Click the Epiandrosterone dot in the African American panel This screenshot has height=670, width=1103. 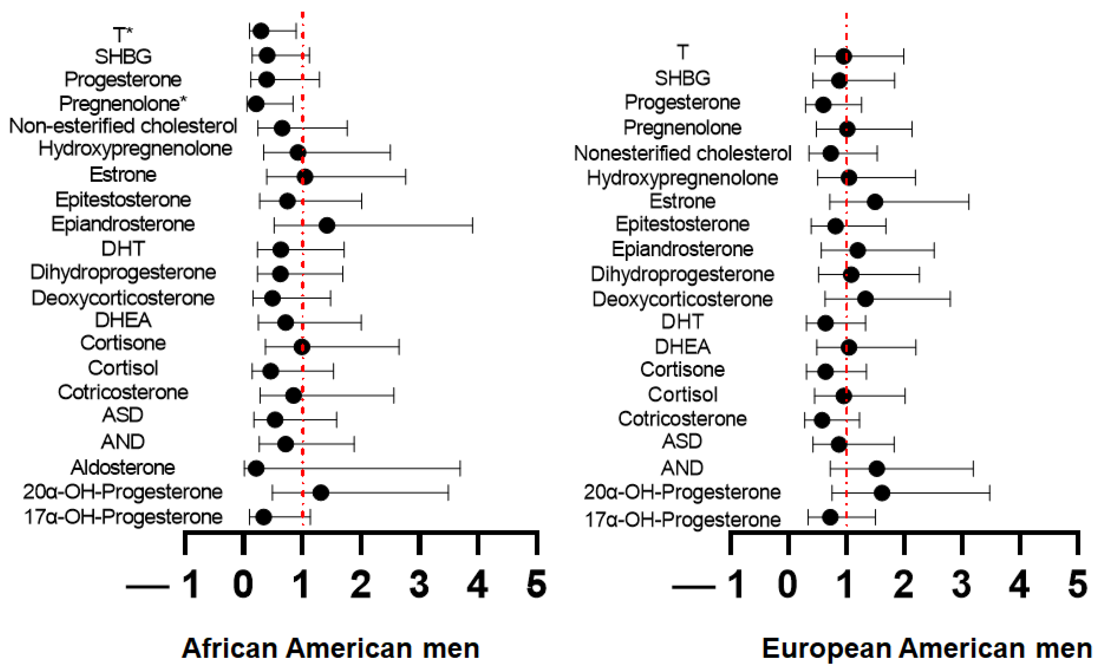[x=327, y=225]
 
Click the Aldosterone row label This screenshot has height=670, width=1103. [x=122, y=468]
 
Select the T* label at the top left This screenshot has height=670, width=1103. [x=122, y=34]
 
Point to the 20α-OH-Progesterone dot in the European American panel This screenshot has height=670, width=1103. [x=882, y=493]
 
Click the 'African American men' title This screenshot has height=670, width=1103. [x=330, y=648]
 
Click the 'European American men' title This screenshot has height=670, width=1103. [x=927, y=648]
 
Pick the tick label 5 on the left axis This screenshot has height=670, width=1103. [x=536, y=584]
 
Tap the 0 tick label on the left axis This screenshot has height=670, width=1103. [x=243, y=584]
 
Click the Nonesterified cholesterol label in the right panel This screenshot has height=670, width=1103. [x=682, y=153]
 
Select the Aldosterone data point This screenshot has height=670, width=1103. [x=256, y=469]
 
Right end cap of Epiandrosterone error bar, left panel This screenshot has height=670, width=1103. [x=472, y=225]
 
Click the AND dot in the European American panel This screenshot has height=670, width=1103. [x=877, y=469]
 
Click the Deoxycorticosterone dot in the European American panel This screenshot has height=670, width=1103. [x=865, y=299]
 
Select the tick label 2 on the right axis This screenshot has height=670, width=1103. [x=903, y=584]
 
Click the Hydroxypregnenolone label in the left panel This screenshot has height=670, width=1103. [x=135, y=149]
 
